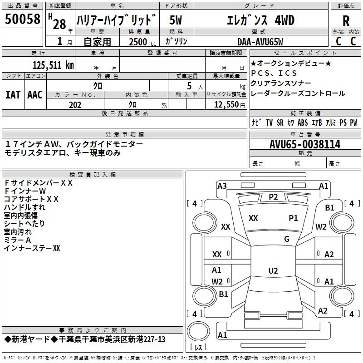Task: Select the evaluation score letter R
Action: point(346,21)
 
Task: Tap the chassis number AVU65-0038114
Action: point(305,144)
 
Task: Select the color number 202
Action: point(75,105)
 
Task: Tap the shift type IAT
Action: point(13,94)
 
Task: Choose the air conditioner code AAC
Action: point(35,94)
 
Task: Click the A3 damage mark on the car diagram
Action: point(222,186)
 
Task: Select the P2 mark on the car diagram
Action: point(273,196)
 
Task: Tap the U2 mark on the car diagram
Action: point(273,271)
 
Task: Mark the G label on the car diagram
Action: point(287,239)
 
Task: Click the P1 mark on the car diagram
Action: point(294,218)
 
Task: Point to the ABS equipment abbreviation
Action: point(303,123)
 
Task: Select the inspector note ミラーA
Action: point(17,240)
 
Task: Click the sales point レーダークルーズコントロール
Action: point(298,93)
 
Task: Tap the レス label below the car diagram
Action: point(198,348)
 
